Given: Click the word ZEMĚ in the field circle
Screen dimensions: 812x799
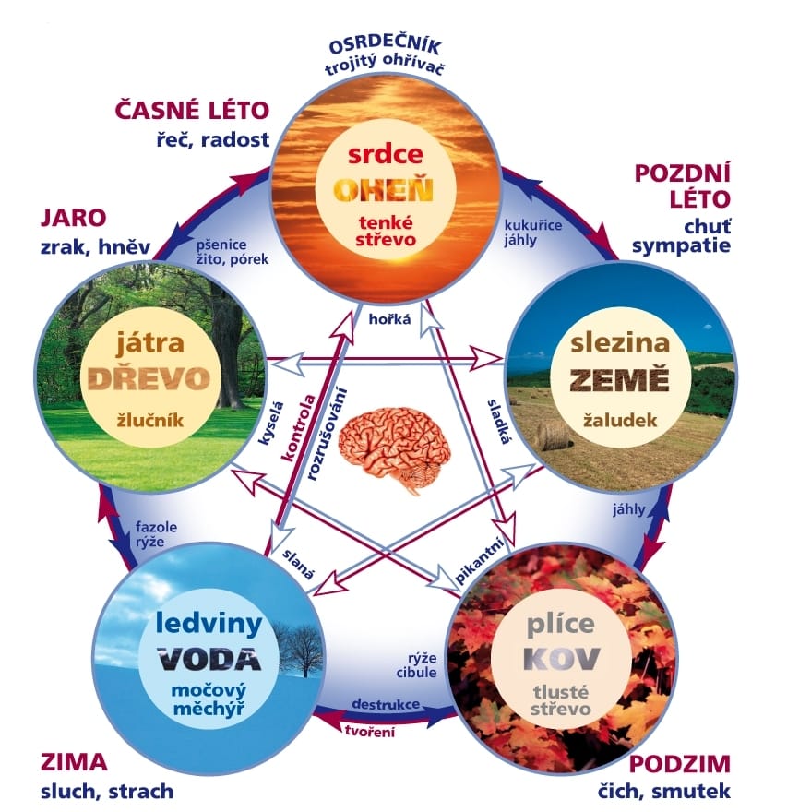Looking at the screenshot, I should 619,379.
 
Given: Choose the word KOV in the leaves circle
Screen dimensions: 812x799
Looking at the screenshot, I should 562,658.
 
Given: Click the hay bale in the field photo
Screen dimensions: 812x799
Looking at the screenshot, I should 554,434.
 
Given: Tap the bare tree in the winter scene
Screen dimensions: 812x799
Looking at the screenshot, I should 297,651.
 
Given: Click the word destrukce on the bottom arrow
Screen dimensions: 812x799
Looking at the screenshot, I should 387,705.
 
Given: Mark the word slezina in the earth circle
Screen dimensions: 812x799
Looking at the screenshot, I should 619,343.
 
